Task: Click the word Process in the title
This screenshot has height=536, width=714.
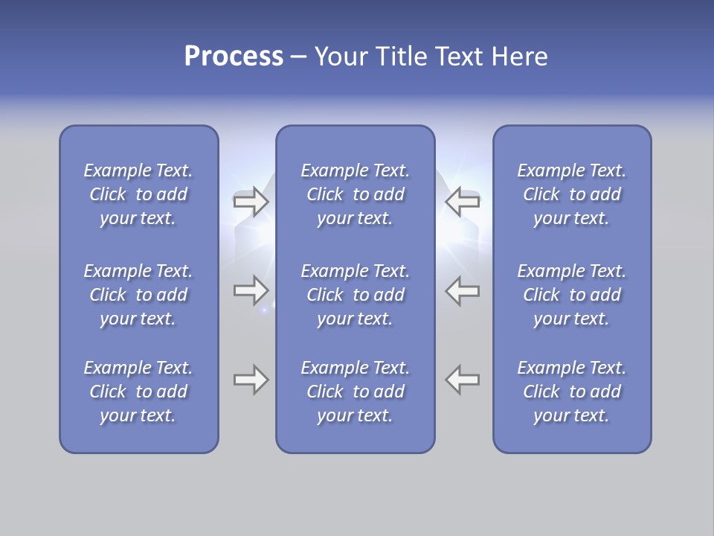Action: (234, 57)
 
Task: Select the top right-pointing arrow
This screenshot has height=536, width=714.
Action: (251, 202)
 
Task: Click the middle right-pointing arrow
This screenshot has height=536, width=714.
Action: (251, 290)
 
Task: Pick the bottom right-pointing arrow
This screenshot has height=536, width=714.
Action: (251, 380)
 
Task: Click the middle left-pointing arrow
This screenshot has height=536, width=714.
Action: (463, 290)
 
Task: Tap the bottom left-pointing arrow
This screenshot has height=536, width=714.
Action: (463, 380)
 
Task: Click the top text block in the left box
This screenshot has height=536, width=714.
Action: (138, 194)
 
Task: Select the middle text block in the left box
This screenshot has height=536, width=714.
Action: (138, 295)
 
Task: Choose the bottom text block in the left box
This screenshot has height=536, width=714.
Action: (138, 392)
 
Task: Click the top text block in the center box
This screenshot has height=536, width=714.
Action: (355, 194)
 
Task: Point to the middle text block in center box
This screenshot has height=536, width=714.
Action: (355, 295)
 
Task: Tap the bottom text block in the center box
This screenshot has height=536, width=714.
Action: (355, 392)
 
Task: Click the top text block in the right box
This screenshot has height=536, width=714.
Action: (571, 194)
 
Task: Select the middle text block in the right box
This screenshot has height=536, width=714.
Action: (571, 295)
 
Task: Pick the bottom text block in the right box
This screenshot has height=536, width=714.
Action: (571, 392)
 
